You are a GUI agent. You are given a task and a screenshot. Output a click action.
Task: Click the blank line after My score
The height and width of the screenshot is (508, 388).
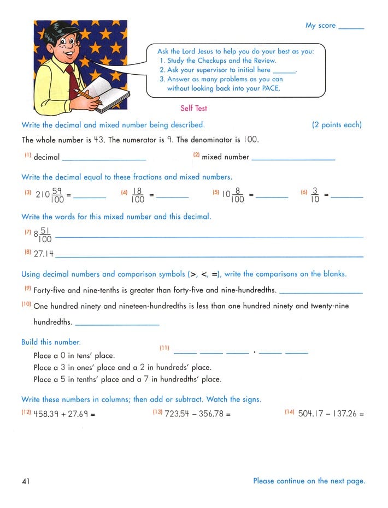click(x=351, y=27)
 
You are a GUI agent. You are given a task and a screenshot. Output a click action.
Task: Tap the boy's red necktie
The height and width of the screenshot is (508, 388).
click(x=72, y=82)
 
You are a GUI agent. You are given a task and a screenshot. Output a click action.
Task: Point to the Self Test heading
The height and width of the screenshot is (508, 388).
click(x=193, y=109)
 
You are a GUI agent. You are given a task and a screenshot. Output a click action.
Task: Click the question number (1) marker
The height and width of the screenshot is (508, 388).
click(x=27, y=156)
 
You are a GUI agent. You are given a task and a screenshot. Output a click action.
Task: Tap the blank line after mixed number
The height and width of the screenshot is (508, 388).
click(x=293, y=159)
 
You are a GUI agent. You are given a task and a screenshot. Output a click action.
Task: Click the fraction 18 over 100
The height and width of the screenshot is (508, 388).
click(x=138, y=195)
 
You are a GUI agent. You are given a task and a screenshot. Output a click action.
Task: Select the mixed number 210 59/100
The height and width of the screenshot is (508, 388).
click(x=49, y=195)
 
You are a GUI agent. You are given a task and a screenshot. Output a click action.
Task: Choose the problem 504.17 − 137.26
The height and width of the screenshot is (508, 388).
click(x=331, y=414)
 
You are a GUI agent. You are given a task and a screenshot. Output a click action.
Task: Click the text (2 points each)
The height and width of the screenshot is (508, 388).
click(x=337, y=125)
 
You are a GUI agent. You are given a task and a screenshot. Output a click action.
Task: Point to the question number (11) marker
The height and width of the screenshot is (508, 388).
click(x=164, y=348)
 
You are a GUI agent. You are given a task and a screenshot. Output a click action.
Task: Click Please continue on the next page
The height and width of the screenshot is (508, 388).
click(x=309, y=481)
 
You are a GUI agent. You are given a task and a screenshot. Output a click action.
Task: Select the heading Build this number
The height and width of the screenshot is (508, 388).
click(x=51, y=342)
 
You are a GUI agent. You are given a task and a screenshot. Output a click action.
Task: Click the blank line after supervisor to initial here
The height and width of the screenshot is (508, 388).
click(x=283, y=71)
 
